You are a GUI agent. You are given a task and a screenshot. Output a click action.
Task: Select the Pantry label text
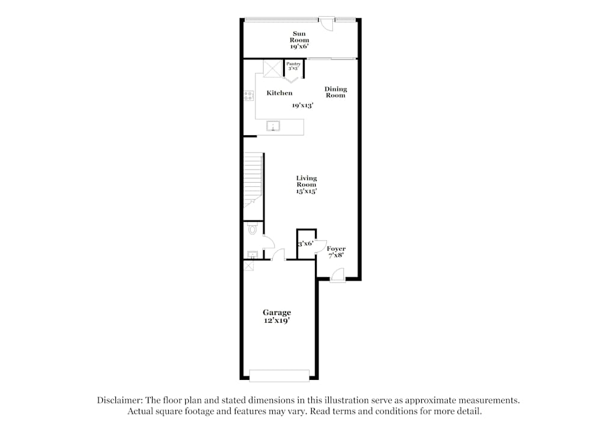point(293,66)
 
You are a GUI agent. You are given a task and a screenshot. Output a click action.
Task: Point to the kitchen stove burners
point(248,96)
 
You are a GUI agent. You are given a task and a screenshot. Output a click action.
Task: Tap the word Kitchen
point(279,93)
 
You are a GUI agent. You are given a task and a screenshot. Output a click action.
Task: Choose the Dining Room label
point(336,92)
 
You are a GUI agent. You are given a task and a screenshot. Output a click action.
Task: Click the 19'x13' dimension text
point(303,105)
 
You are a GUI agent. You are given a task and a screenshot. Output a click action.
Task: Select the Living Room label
point(306,185)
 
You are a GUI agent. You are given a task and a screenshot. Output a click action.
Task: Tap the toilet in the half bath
point(252,229)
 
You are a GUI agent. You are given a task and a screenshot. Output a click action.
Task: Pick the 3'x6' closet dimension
point(305,244)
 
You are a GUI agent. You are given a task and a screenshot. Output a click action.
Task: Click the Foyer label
point(336,252)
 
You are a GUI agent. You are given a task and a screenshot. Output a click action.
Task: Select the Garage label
point(276,316)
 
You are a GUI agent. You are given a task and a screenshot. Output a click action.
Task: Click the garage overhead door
point(279,375)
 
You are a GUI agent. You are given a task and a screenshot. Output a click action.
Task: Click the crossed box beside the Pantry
point(272,69)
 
